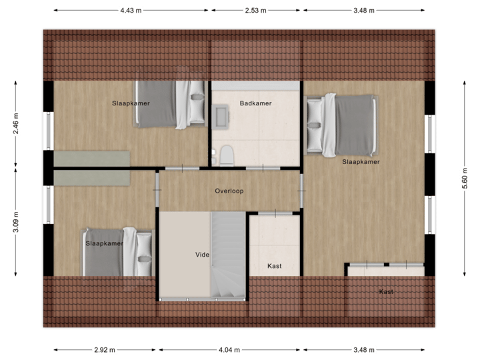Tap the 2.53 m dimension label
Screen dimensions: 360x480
coord(256,10)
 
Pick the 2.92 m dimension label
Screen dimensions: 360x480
coord(105,349)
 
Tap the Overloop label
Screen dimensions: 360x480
coord(229,191)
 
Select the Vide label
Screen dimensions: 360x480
coord(202,255)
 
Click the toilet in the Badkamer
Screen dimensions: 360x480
coord(227,155)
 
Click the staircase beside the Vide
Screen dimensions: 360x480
coord(229,257)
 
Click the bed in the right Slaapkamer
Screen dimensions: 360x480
coord(341,125)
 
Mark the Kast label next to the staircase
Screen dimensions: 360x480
coord(274,266)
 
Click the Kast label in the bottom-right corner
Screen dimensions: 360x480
coord(386,292)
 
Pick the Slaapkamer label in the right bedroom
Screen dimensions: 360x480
coord(361,162)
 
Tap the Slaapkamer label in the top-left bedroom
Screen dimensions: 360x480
coord(131,103)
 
